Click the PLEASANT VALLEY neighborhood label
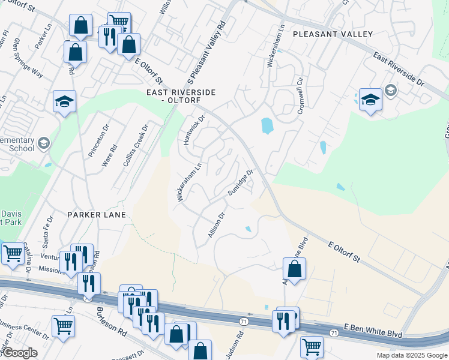coord(333,34)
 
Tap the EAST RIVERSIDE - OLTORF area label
coord(181,96)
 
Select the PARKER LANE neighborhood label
coord(97,214)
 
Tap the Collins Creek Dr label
coord(143,142)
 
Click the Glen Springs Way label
coord(28,59)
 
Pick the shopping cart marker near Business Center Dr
coord(63,326)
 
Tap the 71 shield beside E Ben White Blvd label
coord(334,332)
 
